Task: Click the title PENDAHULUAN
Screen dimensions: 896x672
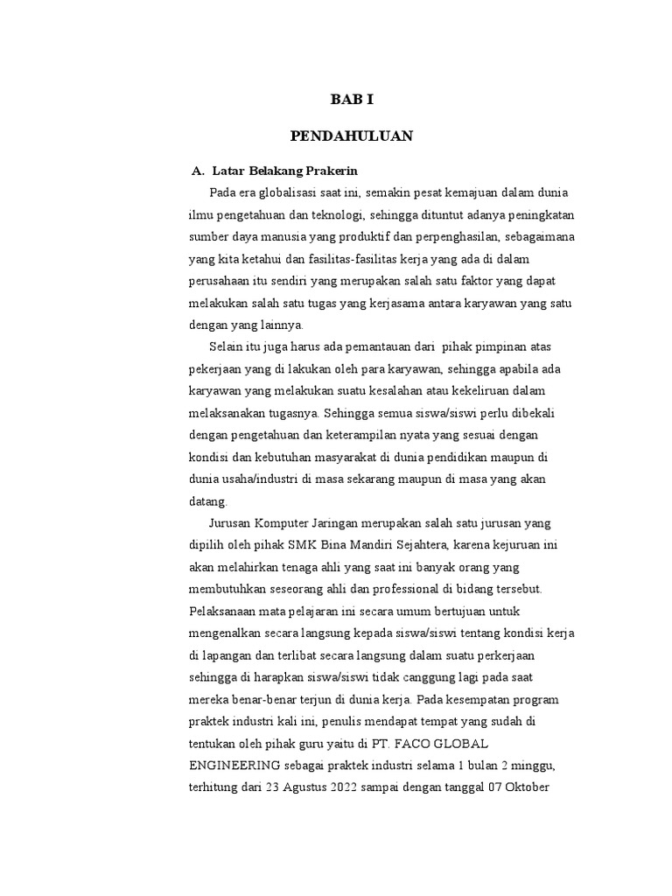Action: pyautogui.click(x=351, y=136)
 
